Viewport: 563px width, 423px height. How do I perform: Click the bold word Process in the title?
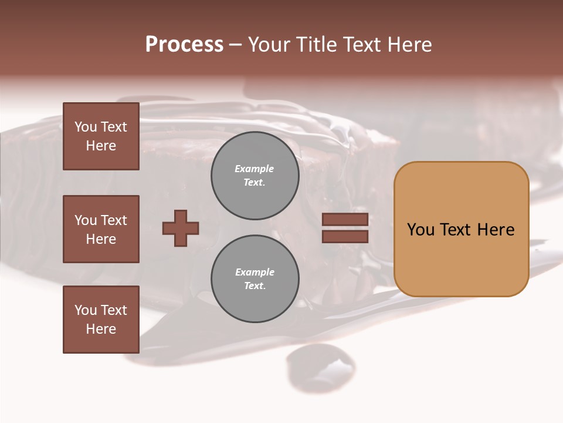[x=184, y=45]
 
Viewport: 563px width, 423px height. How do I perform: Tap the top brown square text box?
[x=101, y=136]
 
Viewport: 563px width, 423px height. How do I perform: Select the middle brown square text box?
[x=101, y=229]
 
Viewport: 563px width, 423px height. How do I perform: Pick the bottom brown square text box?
[x=101, y=320]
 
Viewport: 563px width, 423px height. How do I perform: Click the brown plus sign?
[x=181, y=228]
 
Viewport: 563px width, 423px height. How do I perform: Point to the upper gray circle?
[x=255, y=176]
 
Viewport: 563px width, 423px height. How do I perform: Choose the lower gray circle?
[x=255, y=279]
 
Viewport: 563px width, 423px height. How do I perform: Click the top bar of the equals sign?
[x=345, y=220]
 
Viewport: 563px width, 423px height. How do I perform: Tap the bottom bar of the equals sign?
[x=345, y=236]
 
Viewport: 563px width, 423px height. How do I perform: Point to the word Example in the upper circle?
[x=255, y=169]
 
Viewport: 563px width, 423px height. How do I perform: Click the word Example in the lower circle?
[x=255, y=272]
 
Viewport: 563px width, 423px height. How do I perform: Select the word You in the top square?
[x=86, y=127]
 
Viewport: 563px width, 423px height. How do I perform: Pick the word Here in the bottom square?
[x=101, y=329]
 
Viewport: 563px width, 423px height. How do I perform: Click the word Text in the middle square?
[x=114, y=220]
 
